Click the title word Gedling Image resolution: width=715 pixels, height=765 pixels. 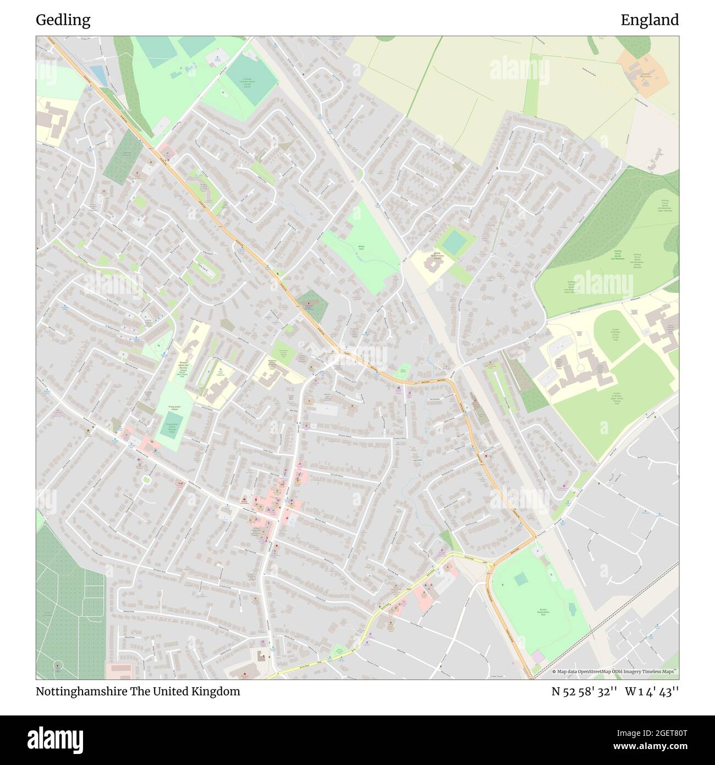[63, 20]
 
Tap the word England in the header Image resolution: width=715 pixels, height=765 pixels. [650, 20]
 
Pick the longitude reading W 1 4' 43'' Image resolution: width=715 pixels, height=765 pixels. [652, 692]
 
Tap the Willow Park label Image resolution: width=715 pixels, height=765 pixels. [361, 248]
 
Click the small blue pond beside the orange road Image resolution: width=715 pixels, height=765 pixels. [97, 73]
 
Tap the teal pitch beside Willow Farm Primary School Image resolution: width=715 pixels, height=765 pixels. [454, 242]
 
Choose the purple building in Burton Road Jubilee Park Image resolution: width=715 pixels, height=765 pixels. [538, 657]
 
